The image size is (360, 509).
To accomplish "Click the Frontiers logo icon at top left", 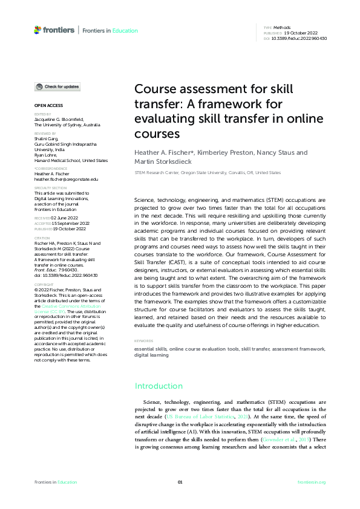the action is pyautogui.click(x=38, y=30).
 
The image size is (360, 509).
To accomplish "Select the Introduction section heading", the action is pyautogui.click(x=159, y=386).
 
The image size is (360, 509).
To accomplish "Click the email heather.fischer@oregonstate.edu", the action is pyautogui.click(x=66, y=180).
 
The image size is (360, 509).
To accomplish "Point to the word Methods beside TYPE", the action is pyautogui.click(x=281, y=28).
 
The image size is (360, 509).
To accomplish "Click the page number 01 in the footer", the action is pyautogui.click(x=180, y=482).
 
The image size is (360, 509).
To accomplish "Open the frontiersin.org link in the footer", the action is pyautogui.click(x=312, y=482).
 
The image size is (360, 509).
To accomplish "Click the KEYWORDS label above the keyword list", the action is pyautogui.click(x=143, y=341).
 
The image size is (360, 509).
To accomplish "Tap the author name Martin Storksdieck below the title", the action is pyautogui.click(x=163, y=161).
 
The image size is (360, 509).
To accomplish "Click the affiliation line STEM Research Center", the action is pyautogui.click(x=207, y=172).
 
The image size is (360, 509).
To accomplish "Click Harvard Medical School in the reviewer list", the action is pyautogui.click(x=71, y=161).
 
